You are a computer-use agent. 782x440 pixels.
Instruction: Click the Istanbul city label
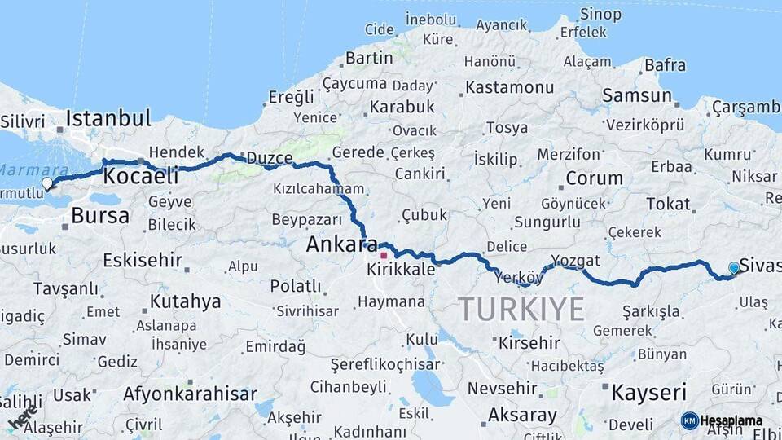(108, 118)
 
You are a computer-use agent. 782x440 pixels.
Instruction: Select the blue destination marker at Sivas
(734, 268)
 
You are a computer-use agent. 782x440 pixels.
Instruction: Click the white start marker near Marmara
(47, 184)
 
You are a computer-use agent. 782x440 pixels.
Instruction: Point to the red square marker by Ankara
(384, 255)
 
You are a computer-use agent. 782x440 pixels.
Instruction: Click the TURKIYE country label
(521, 310)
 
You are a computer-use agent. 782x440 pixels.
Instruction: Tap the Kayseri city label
(649, 393)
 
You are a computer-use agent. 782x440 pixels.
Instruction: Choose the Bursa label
(100, 216)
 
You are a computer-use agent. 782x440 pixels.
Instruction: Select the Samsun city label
(637, 95)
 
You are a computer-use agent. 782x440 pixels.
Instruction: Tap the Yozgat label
(575, 261)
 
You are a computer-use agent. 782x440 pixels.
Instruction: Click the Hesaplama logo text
(731, 420)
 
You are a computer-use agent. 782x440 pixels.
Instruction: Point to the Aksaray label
(522, 415)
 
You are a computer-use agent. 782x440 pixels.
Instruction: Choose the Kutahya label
(185, 301)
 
